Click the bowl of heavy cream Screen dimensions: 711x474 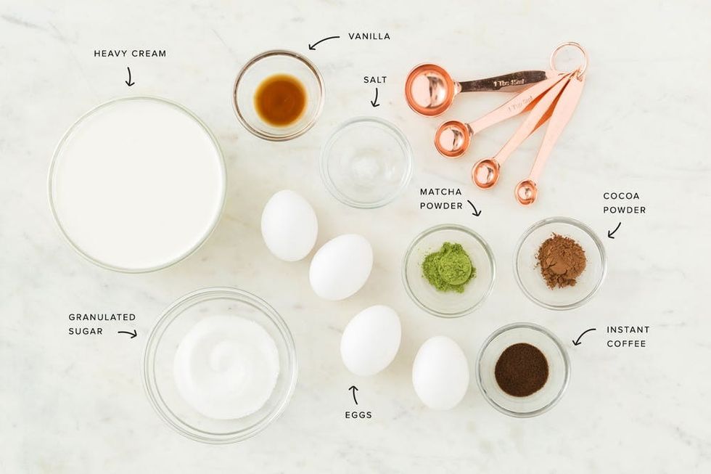[137, 184]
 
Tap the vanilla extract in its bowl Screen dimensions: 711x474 [280, 100]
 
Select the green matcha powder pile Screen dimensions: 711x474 [448, 268]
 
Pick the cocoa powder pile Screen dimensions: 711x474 [561, 261]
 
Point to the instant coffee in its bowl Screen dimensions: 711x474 [522, 369]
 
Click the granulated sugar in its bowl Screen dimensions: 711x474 [226, 367]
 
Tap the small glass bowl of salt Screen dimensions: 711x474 [366, 162]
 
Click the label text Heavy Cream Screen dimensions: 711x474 [130, 54]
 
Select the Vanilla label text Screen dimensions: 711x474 [369, 36]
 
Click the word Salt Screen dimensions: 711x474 [375, 80]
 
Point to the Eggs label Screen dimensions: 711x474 [358, 414]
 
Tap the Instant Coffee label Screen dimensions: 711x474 [628, 337]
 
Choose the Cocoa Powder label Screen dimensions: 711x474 [625, 203]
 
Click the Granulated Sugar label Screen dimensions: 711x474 [102, 324]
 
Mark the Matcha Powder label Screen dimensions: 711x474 [441, 199]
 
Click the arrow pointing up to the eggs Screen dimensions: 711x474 [354, 395]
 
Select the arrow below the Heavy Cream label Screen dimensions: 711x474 [130, 76]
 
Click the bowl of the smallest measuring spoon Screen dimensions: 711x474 [527, 192]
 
